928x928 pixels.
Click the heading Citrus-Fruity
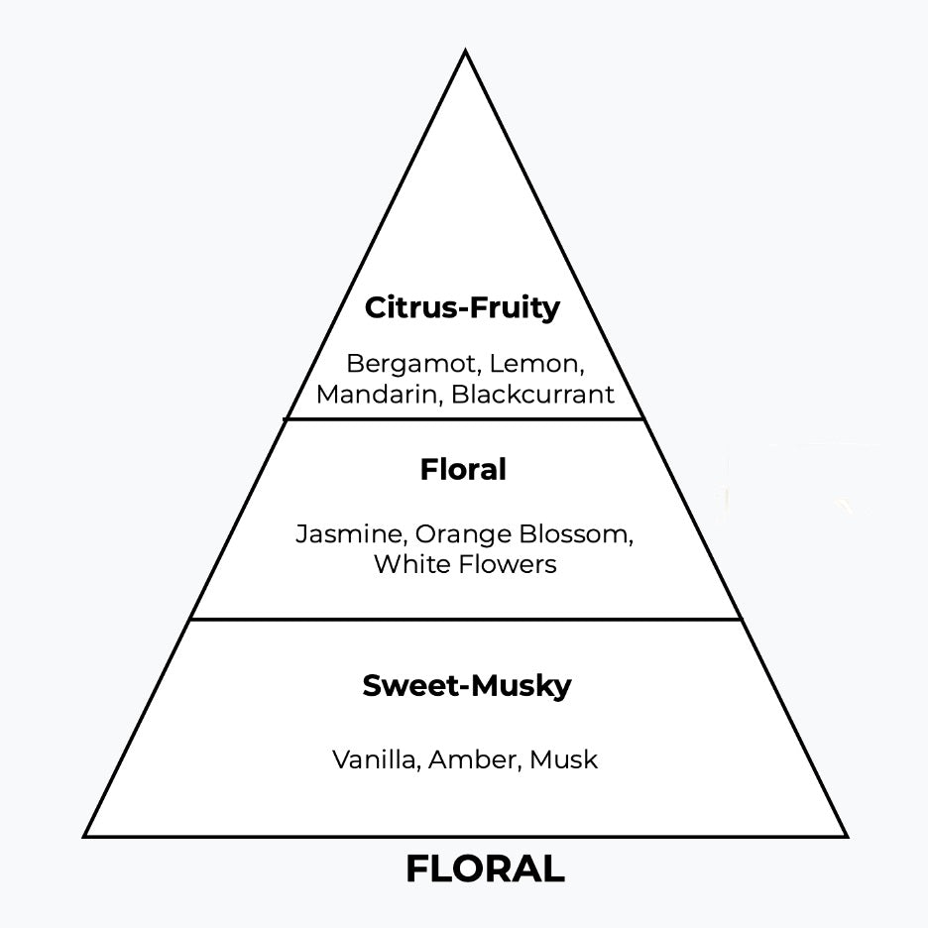pyautogui.click(x=462, y=307)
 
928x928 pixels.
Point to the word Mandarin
pyautogui.click(x=378, y=394)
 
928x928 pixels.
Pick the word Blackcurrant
pyautogui.click(x=532, y=394)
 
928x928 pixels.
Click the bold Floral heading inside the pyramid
pyautogui.click(x=463, y=469)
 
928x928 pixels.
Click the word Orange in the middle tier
pyautogui.click(x=457, y=534)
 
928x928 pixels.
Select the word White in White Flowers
pyautogui.click(x=409, y=564)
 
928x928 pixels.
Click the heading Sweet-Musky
pyautogui.click(x=466, y=686)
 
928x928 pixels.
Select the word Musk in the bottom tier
pyautogui.click(x=563, y=760)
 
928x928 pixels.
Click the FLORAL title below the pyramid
pyautogui.click(x=485, y=870)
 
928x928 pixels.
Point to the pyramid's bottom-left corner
pyautogui.click(x=85, y=836)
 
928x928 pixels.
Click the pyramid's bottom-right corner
pyautogui.click(x=847, y=836)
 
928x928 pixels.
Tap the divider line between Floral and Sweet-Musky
pyautogui.click(x=466, y=620)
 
